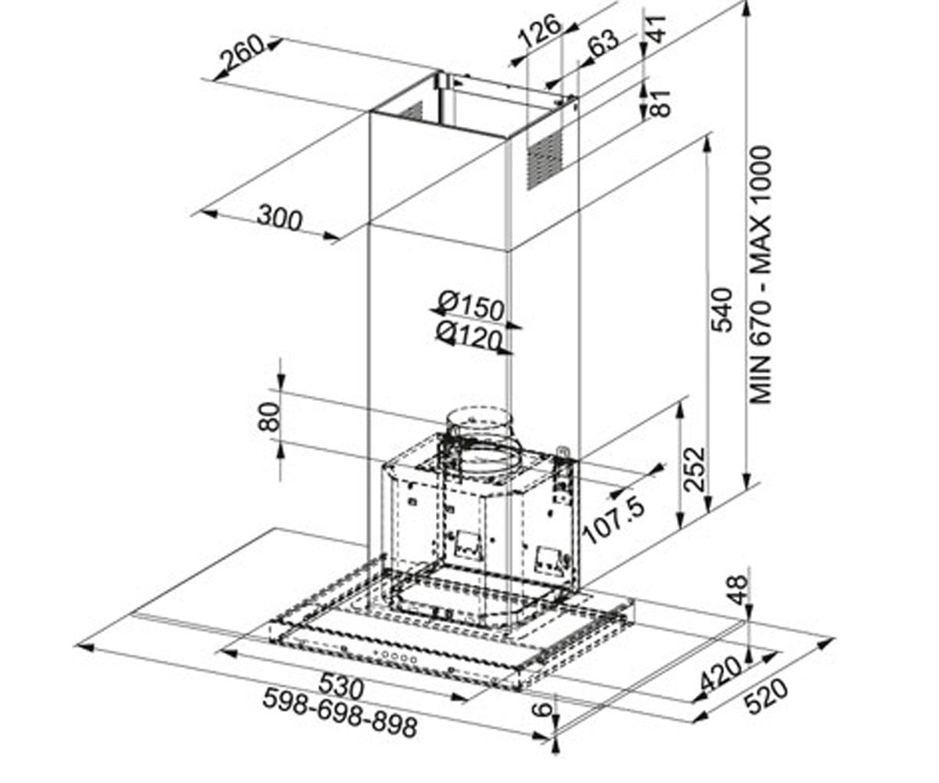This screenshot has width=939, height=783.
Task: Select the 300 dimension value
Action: point(279,218)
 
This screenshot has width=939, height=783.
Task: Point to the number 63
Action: point(603,43)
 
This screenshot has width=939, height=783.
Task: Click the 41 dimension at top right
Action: point(657,29)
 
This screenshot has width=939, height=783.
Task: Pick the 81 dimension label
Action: point(660,104)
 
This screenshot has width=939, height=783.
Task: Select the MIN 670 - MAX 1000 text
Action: point(761,275)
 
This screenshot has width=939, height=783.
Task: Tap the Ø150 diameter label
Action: point(471,306)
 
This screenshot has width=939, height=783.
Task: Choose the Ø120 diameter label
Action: point(469,336)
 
